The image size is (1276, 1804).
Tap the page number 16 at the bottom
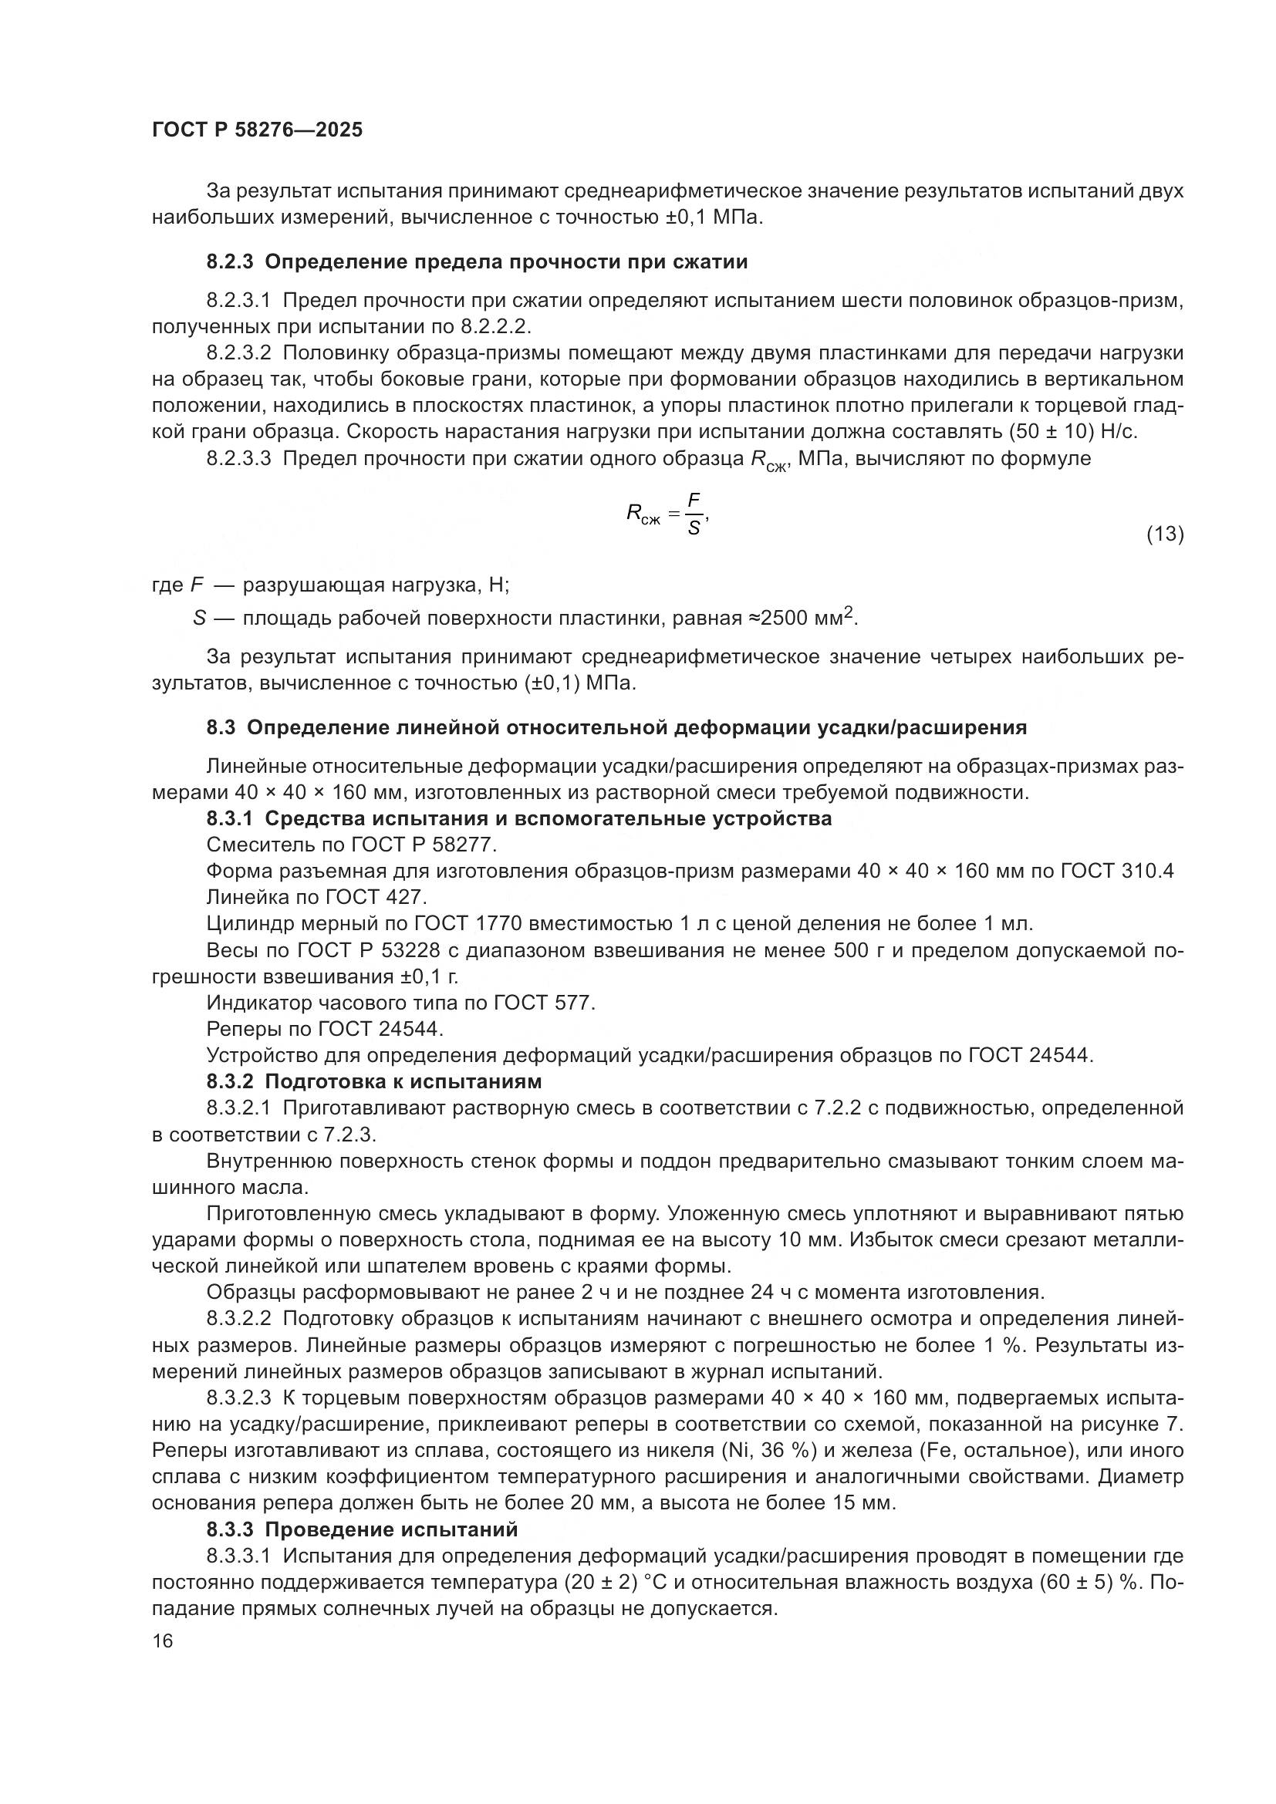[163, 1641]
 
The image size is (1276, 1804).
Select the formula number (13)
[1164, 534]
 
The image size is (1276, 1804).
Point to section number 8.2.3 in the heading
[229, 262]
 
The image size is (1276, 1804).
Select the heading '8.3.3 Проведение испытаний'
[363, 1529]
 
